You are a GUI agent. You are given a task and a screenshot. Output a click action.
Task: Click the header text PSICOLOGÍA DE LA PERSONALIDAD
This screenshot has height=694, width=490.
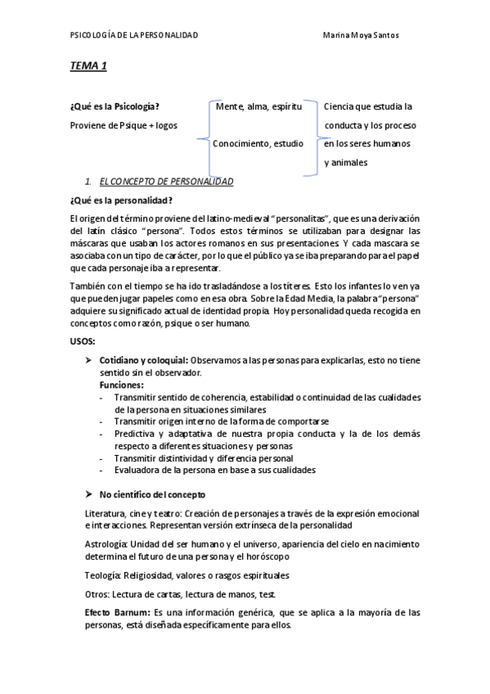click(x=134, y=35)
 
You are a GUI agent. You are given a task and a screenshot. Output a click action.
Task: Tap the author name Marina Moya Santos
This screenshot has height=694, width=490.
click(x=362, y=35)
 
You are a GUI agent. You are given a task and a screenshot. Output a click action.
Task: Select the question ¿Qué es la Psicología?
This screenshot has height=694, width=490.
click(x=115, y=106)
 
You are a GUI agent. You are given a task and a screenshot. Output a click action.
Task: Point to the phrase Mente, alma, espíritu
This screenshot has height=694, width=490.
click(x=259, y=106)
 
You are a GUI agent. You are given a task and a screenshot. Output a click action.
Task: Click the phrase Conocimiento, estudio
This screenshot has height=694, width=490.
click(x=258, y=143)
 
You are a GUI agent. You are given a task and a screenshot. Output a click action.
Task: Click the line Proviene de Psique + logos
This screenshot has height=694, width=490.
click(x=124, y=125)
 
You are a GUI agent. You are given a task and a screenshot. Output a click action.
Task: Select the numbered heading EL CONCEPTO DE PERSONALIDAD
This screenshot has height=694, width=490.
click(x=166, y=181)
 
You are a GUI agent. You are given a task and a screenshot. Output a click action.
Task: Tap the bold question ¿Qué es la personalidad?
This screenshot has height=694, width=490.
click(x=122, y=200)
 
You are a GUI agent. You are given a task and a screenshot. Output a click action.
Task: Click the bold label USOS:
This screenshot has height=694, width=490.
click(x=83, y=340)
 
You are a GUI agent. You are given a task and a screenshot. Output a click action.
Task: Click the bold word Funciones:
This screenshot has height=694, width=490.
click(x=122, y=384)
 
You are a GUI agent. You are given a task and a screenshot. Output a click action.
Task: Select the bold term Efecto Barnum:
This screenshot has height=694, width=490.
click(x=116, y=611)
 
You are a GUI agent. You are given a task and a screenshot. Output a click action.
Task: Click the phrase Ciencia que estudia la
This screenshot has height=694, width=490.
click(x=368, y=106)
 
